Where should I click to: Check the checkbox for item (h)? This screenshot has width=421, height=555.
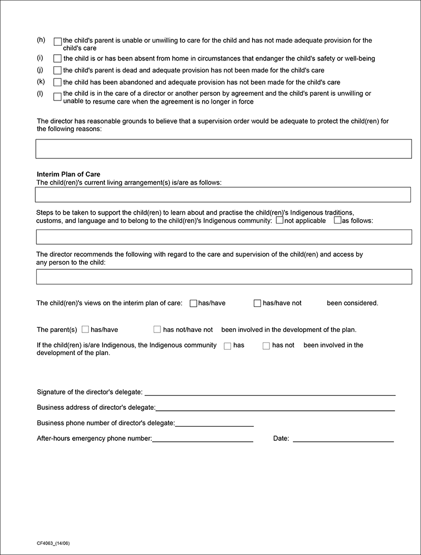tap(58, 42)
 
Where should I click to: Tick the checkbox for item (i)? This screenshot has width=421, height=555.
tap(58, 58)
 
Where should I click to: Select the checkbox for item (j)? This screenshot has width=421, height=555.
tap(58, 70)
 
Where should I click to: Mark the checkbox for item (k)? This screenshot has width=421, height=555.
tap(58, 82)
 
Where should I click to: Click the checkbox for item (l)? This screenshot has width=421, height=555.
tap(58, 96)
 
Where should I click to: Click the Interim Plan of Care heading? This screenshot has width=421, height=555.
tap(68, 175)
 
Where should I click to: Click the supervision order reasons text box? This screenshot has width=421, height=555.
tap(224, 149)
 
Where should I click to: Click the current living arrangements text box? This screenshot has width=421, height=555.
tap(223, 195)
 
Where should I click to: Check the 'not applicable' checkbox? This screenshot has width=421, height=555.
tap(279, 220)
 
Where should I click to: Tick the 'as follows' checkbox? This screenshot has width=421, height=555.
tap(337, 220)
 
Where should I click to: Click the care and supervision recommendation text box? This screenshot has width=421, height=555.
tap(224, 277)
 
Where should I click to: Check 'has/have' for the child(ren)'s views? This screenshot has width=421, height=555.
tap(193, 303)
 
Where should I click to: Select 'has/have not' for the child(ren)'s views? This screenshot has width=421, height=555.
tap(257, 303)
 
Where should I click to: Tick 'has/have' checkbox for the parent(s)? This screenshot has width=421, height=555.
tap(85, 329)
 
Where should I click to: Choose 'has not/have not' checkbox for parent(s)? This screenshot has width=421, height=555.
tap(157, 329)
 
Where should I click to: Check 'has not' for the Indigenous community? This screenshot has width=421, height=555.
tap(266, 346)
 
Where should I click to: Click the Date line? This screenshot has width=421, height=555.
tap(343, 438)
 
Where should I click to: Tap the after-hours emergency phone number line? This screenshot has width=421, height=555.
tap(203, 438)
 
